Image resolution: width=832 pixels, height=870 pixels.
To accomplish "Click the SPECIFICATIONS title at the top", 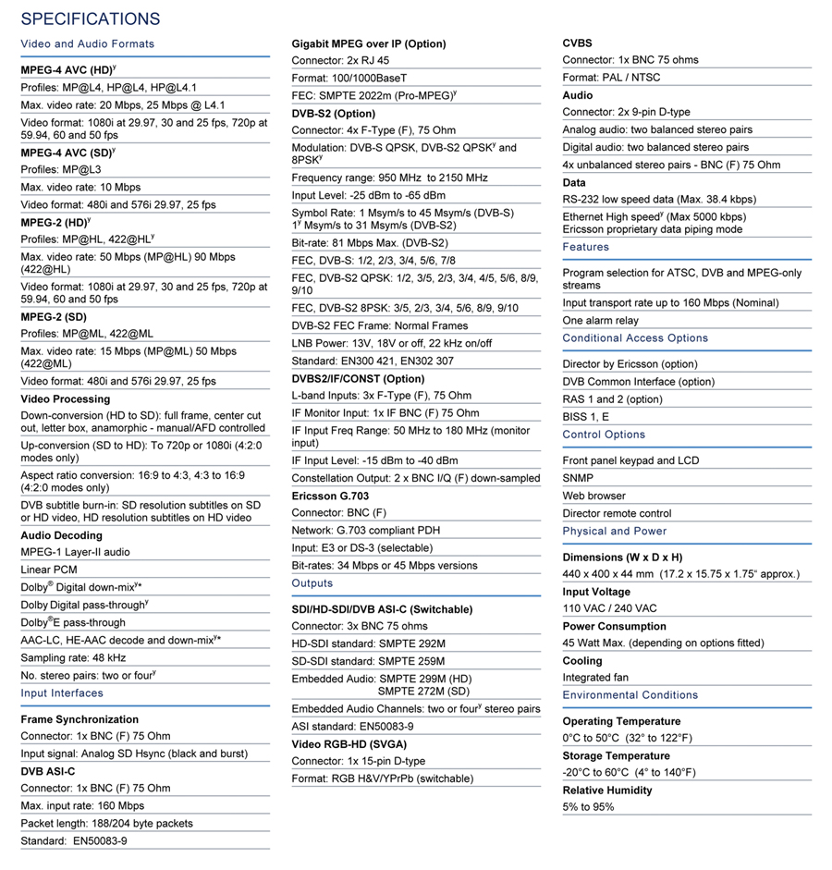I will point(90,18).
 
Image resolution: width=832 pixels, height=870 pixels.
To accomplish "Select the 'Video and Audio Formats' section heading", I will point(87,43).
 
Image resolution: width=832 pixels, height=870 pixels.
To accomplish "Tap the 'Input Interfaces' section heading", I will point(62,692).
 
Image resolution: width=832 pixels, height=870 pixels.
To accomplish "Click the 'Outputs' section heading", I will point(312,583).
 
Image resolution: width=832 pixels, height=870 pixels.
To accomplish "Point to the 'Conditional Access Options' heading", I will point(635,337).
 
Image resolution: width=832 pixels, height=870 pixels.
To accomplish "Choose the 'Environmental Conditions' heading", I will point(630,695).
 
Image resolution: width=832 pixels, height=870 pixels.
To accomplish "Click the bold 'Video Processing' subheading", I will point(65,398).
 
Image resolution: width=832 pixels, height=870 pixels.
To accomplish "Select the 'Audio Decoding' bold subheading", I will point(61,535).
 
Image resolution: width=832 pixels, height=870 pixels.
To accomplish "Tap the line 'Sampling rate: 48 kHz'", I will point(73,657).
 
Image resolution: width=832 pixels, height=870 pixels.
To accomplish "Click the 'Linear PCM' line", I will point(49,570).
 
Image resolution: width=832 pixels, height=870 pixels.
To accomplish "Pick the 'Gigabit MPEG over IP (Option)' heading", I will point(369,43).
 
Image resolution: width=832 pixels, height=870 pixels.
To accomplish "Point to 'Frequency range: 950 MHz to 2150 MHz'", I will point(389,178).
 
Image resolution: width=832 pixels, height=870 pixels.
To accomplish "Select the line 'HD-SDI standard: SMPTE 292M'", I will point(368,643).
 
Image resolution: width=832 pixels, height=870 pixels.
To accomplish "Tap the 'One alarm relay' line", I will point(600,320).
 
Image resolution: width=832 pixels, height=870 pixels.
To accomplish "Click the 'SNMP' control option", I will point(579,478).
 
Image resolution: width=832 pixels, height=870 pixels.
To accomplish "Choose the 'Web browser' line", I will point(594,496).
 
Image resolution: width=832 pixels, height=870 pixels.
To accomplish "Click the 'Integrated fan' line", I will point(595,678).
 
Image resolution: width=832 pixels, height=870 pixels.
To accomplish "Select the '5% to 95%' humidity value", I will point(588,807).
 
